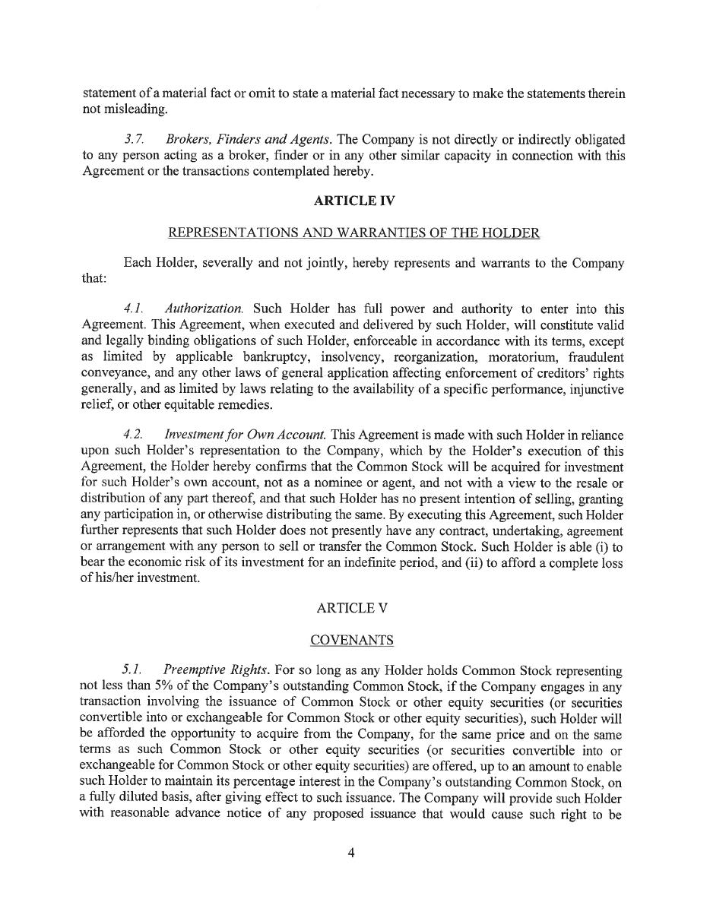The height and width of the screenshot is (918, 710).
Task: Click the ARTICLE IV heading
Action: [x=354, y=201]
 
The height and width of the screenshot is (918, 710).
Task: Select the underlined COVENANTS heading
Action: [x=352, y=641]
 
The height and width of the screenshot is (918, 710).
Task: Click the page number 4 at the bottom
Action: [x=351, y=853]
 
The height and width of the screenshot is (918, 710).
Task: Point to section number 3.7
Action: [x=134, y=140]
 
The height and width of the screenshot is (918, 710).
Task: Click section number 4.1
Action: [x=133, y=309]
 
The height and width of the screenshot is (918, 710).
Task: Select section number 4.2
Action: [x=133, y=435]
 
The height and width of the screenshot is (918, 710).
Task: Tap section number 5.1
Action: [x=132, y=672]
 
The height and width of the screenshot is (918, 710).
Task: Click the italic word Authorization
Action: [x=204, y=309]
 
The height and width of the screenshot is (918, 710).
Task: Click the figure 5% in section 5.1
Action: [x=133, y=688]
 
